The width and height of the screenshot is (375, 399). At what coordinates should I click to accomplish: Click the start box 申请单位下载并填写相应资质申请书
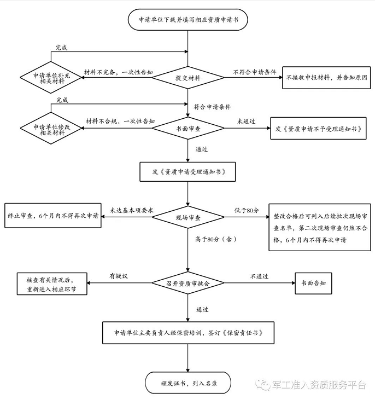[x=187, y=20]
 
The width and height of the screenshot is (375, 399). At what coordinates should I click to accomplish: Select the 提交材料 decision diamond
[x=188, y=78]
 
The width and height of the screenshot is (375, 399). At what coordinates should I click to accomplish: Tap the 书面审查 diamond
[x=188, y=128]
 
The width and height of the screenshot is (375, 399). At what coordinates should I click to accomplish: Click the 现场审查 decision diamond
[x=188, y=217]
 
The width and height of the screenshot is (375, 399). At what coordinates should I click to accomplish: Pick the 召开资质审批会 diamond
[x=188, y=283]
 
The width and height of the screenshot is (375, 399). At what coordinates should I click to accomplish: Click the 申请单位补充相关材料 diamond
[x=51, y=77]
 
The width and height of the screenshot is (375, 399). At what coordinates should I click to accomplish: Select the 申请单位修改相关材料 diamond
[x=51, y=128]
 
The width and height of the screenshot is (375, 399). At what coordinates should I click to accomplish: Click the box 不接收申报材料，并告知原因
[x=326, y=78]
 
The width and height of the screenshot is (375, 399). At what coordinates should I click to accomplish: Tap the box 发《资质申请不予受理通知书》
[x=318, y=128]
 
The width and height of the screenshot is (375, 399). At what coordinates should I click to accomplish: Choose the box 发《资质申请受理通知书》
[x=187, y=172]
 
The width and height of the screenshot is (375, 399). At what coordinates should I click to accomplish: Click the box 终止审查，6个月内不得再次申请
[x=53, y=216]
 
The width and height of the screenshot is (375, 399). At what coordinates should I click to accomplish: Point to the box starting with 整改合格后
[x=320, y=227]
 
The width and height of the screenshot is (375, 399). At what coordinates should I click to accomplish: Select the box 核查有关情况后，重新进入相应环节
[x=52, y=284]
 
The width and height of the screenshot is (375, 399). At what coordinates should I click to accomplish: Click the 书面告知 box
[x=314, y=283]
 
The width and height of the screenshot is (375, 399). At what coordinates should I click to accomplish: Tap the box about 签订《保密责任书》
[x=188, y=333]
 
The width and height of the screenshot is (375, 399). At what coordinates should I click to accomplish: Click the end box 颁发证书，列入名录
[x=188, y=383]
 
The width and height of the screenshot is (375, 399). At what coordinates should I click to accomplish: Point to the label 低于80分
[x=247, y=210]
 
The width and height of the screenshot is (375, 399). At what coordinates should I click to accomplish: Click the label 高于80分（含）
[x=216, y=239]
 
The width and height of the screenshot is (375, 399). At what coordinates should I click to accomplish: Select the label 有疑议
[x=119, y=276]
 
